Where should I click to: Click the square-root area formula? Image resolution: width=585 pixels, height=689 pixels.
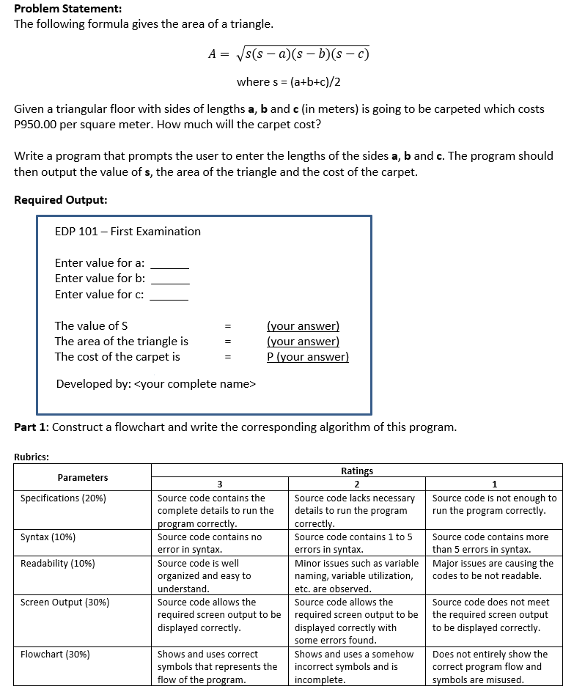click(289, 54)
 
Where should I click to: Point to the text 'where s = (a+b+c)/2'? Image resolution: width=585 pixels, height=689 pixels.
click(288, 81)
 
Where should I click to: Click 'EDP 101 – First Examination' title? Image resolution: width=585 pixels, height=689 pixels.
click(128, 232)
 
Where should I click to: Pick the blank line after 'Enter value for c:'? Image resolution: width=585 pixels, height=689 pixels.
click(169, 295)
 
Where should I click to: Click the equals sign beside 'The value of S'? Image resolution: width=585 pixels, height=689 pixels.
click(228, 326)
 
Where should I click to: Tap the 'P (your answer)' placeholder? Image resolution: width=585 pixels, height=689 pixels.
click(307, 357)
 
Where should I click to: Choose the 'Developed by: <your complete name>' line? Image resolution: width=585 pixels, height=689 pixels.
click(156, 384)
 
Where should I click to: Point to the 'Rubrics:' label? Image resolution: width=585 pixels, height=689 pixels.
click(32, 457)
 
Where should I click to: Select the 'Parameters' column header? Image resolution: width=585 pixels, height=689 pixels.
click(83, 477)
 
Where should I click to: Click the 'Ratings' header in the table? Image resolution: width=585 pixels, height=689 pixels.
click(356, 471)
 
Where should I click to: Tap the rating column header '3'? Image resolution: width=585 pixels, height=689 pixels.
click(219, 484)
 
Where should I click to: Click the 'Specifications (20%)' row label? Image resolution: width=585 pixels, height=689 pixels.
click(63, 498)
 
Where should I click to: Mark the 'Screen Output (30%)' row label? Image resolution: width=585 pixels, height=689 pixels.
click(65, 603)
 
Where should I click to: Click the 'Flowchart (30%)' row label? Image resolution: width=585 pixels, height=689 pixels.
click(56, 655)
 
